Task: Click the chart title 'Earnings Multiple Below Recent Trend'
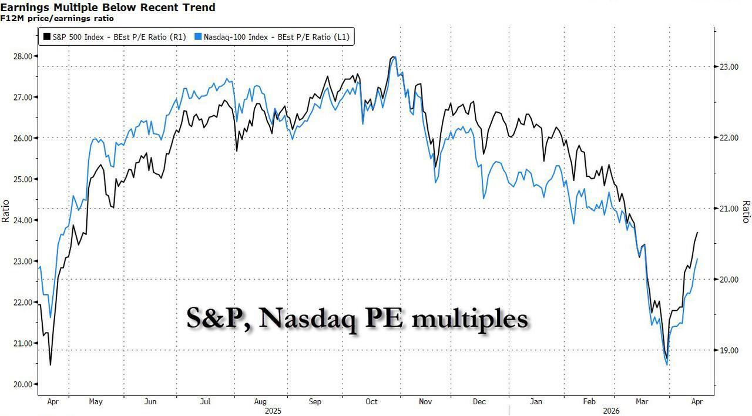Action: (108, 8)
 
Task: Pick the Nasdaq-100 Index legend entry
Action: (273, 37)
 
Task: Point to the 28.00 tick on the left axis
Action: (25, 56)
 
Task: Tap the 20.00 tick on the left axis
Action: (25, 384)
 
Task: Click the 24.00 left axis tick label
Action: (25, 220)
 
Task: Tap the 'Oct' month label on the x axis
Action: (371, 402)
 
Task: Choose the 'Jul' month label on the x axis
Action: (205, 402)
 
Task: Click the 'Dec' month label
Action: (479, 402)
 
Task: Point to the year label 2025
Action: (274, 411)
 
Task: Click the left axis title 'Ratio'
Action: (6, 212)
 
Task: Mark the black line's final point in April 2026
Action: (697, 233)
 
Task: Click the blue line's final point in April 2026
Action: (697, 259)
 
